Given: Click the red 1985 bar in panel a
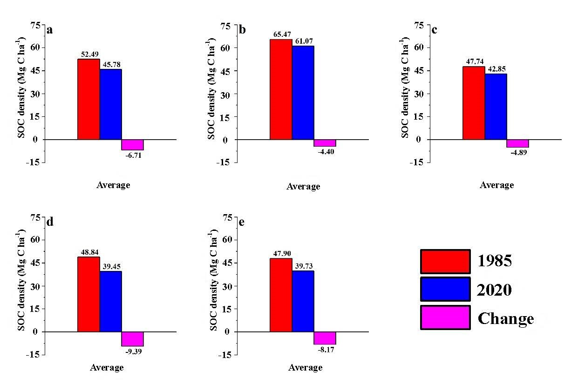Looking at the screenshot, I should pos(88,99).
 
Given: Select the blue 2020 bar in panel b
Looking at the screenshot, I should pos(303,93).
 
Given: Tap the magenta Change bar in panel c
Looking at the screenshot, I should pos(517,143).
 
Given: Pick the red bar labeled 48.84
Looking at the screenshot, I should pos(88,294).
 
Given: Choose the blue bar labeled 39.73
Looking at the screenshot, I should pos(303,301).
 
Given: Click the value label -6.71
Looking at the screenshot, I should pos(133,155).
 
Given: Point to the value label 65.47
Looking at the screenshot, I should pos(281,34).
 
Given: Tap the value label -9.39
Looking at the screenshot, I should pos(133,351).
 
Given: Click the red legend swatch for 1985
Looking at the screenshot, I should pos(445,261).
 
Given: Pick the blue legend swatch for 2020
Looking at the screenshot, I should pos(445,290).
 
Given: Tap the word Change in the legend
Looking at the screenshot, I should pos(506,319).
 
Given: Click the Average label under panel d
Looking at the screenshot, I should pos(107,367).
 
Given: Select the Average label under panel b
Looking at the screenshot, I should pos(303,186).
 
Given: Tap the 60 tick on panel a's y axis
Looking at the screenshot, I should pos(35,47).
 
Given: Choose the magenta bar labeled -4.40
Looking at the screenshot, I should pos(325,143).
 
